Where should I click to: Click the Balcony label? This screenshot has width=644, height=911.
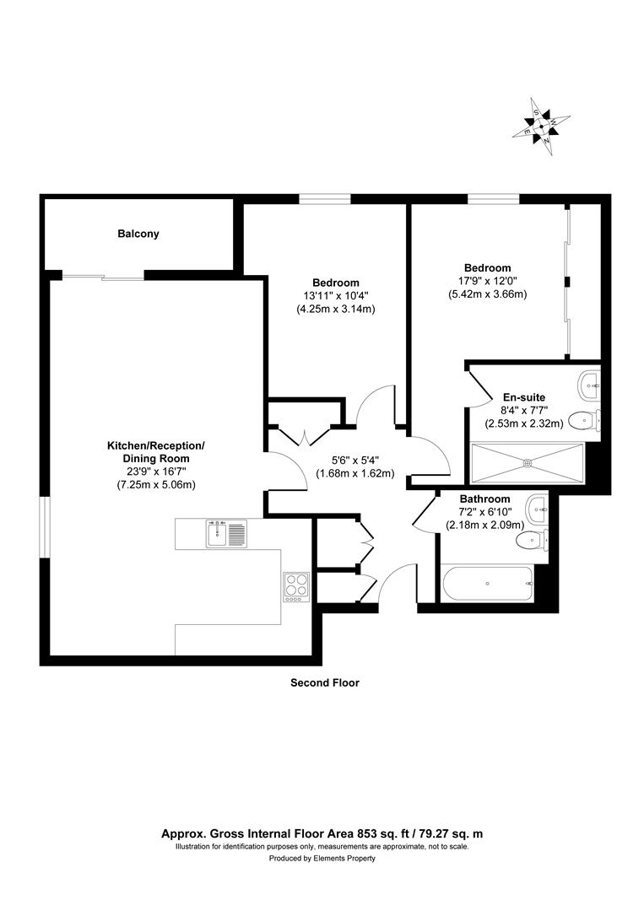[x=138, y=234]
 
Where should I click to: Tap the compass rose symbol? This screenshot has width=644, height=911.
[x=541, y=127]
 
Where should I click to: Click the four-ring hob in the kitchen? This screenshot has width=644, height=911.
[x=296, y=585]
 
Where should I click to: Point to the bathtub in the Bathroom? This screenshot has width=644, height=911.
[x=487, y=584]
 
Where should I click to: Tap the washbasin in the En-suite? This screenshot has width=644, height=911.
[x=589, y=385]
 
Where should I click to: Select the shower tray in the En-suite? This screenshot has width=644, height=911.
[x=528, y=461]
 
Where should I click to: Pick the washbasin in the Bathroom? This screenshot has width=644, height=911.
[x=538, y=509]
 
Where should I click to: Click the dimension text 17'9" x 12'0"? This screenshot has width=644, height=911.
[x=487, y=281]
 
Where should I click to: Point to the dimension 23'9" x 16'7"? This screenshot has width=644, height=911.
[x=154, y=472]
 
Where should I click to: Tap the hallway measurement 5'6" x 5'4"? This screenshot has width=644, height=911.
[x=355, y=461]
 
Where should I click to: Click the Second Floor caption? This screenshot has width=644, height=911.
[x=325, y=683]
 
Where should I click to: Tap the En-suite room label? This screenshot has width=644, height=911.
[x=523, y=396]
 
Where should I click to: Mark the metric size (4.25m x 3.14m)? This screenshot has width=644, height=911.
[x=335, y=309]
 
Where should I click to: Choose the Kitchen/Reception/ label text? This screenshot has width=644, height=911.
[x=155, y=445]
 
